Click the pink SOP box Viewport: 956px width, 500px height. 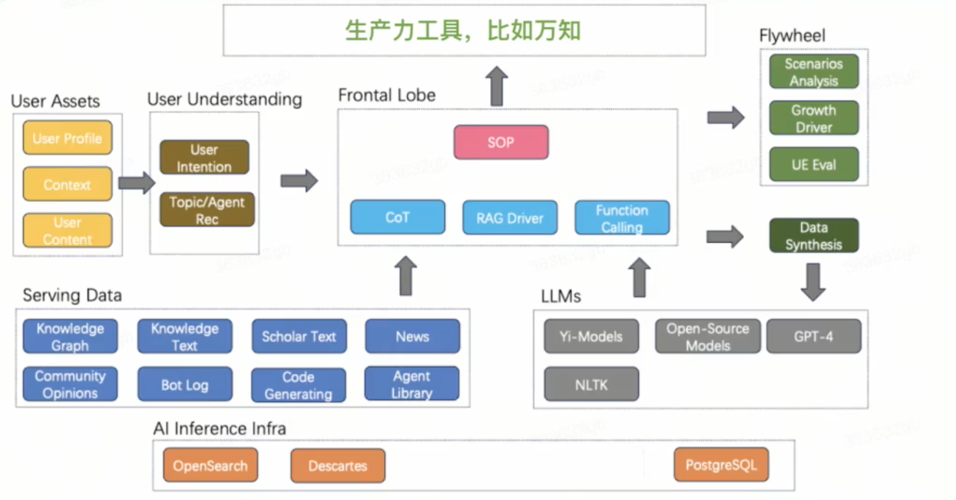[501, 142]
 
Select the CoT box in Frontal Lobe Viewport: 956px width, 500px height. [398, 217]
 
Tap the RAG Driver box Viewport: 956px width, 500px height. [510, 218]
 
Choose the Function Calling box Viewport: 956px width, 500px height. [622, 218]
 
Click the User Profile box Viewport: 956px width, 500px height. [67, 138]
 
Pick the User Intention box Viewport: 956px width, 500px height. [204, 158]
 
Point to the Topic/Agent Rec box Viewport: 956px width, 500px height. [207, 210]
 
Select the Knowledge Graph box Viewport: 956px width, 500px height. [70, 336]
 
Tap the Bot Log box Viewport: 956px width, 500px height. [185, 384]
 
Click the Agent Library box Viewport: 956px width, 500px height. [412, 384]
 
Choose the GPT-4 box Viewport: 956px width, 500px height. [813, 336]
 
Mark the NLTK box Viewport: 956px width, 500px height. [591, 384]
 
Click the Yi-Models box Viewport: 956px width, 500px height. [591, 336]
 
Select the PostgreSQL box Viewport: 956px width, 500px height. [721, 465]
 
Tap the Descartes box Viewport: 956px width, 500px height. [338, 465]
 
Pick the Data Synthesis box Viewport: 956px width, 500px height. [813, 235]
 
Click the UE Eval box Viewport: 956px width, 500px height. [813, 164]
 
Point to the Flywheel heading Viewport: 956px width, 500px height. [792, 36]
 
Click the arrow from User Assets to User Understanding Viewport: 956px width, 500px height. [136, 183]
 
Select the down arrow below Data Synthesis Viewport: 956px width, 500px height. [813, 282]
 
